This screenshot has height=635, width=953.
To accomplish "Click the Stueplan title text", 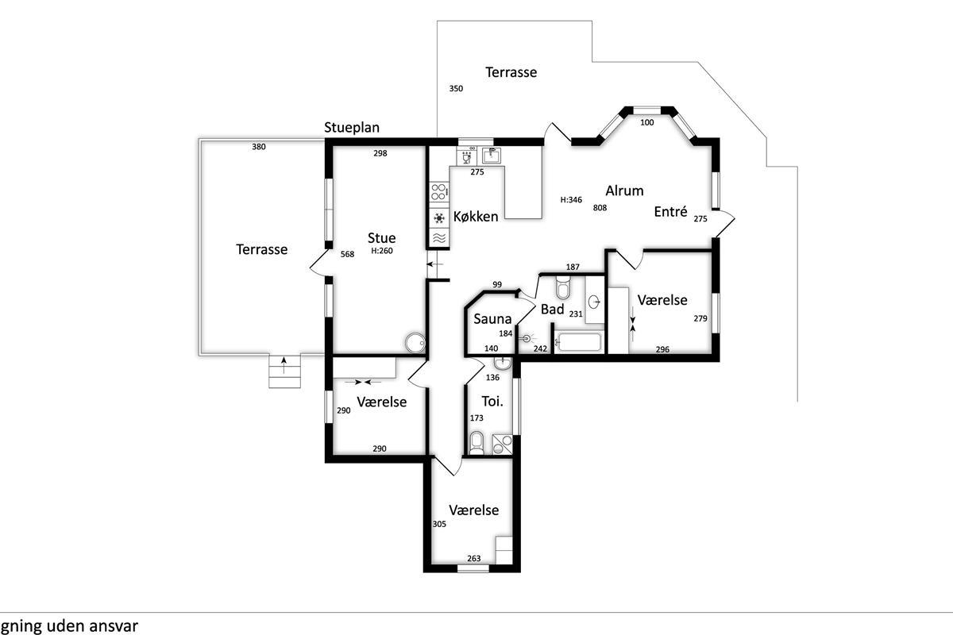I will pyautogui.click(x=352, y=128).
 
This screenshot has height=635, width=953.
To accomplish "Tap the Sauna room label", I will pyautogui.click(x=491, y=319).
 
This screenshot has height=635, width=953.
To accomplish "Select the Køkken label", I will pyautogui.click(x=476, y=217).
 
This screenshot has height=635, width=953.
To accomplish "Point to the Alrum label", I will pyautogui.click(x=624, y=190).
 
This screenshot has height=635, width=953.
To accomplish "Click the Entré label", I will pyautogui.click(x=670, y=212).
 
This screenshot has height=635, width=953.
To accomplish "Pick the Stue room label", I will pyautogui.click(x=381, y=238).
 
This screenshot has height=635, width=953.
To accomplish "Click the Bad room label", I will pyautogui.click(x=552, y=310).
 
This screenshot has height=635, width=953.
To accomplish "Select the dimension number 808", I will pyautogui.click(x=600, y=208).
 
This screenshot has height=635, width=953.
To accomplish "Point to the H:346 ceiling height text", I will pyautogui.click(x=571, y=200).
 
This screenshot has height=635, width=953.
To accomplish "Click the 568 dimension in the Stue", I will pyautogui.click(x=347, y=255).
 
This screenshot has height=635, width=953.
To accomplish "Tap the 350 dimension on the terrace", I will pyautogui.click(x=455, y=89).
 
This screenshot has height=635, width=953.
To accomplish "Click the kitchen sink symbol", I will pyautogui.click(x=492, y=153).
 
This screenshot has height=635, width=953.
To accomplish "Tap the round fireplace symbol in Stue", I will pyautogui.click(x=414, y=342).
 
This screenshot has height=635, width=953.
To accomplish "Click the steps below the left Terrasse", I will pyautogui.click(x=286, y=371).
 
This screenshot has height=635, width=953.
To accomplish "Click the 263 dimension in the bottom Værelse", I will pyautogui.click(x=473, y=559).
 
